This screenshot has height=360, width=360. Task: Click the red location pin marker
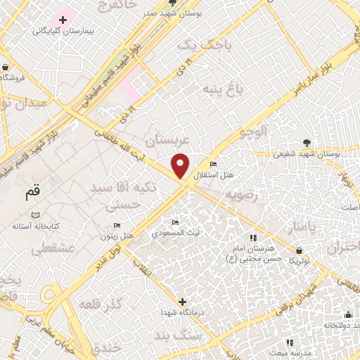point(181,165)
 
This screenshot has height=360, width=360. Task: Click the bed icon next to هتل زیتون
point(117,225)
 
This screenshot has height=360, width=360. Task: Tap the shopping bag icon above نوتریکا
point(300,250)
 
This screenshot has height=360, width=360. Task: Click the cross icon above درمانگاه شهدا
point(183,301)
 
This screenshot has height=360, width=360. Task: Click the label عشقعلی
point(49,248)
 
